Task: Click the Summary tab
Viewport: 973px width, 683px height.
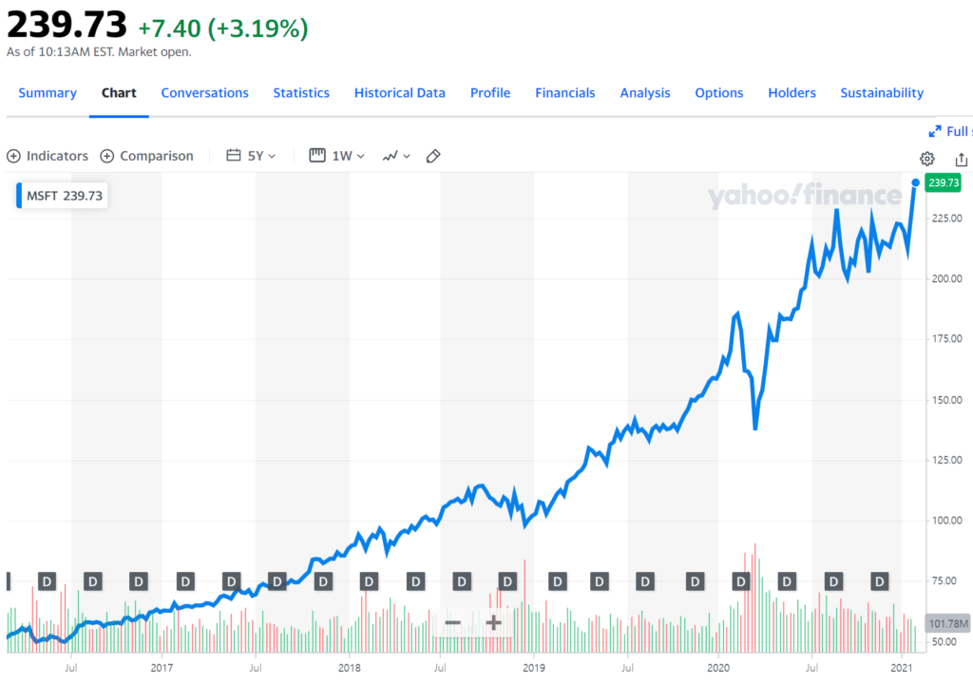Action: (x=47, y=93)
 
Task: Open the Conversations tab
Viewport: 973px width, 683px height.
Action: (x=204, y=93)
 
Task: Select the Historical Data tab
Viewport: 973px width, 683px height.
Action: (x=399, y=93)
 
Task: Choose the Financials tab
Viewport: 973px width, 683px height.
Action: (x=564, y=93)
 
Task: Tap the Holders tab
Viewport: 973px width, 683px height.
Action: (x=792, y=93)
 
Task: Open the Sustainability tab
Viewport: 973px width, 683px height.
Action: (x=881, y=93)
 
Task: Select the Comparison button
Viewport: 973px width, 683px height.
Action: (x=146, y=156)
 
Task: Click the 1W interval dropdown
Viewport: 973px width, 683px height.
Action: (x=337, y=156)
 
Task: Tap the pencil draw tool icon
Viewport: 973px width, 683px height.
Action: (x=433, y=156)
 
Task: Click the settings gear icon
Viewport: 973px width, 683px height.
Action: (x=926, y=159)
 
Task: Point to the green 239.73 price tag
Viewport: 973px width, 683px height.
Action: (x=944, y=183)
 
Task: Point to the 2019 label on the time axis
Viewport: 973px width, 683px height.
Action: (x=534, y=669)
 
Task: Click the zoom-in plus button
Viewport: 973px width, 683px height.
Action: (x=493, y=623)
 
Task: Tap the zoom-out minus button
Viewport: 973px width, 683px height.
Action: (x=453, y=623)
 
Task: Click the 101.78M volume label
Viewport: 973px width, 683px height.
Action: (x=948, y=624)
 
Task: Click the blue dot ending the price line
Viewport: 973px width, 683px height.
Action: (x=915, y=182)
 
